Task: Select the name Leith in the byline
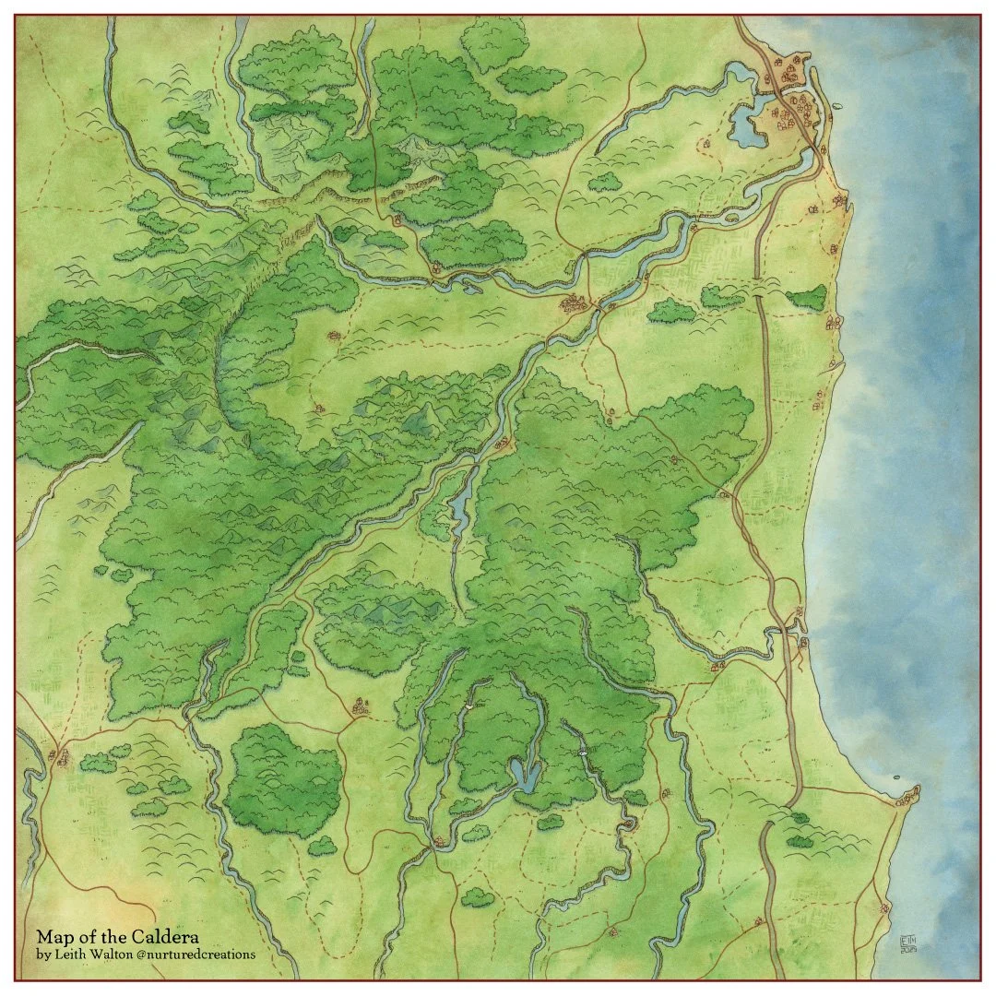pos(70,954)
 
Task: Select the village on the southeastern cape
pos(907,795)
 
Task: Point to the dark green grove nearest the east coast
pos(809,297)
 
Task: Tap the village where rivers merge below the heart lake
pos(440,840)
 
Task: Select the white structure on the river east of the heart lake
pos(583,753)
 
